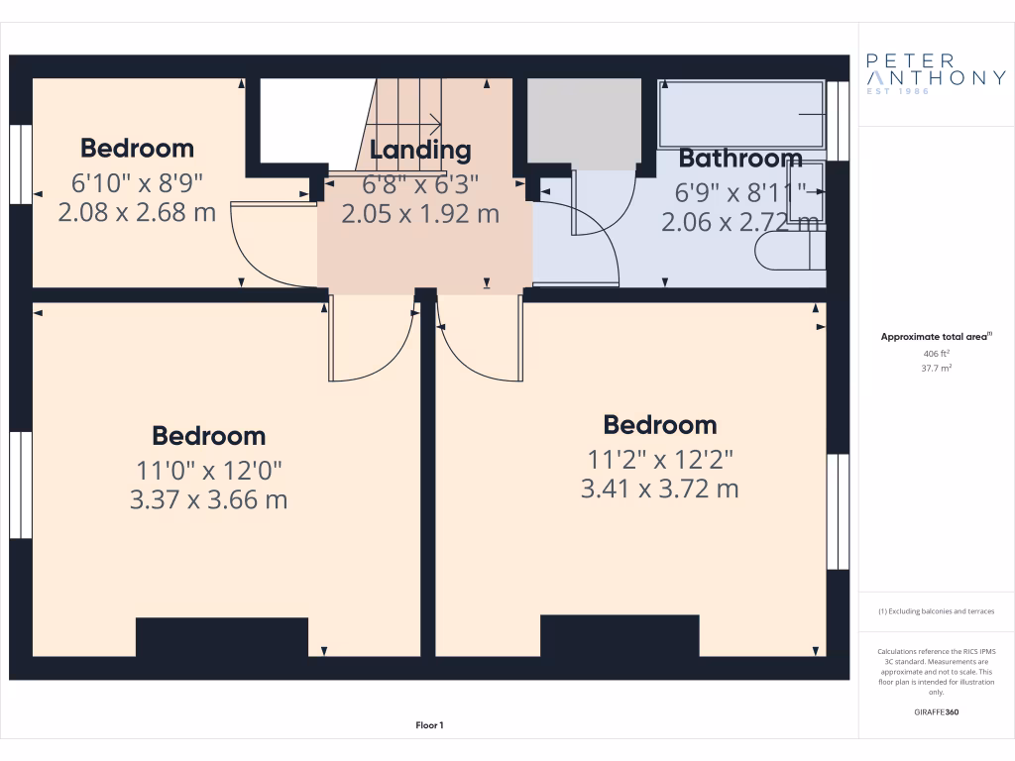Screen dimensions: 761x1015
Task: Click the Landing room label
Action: [x=420, y=151]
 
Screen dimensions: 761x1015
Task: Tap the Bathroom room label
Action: [x=740, y=159]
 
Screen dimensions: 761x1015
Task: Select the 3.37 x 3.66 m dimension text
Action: [x=208, y=499]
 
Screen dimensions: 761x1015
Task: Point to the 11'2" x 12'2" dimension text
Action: [x=659, y=458]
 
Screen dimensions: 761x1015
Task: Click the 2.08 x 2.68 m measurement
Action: [x=137, y=212]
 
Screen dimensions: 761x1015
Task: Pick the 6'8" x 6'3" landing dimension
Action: [x=420, y=183]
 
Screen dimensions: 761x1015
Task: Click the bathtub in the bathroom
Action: [x=740, y=115]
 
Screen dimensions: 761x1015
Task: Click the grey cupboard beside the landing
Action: [x=583, y=123]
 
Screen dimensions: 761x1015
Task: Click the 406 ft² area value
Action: [x=936, y=353]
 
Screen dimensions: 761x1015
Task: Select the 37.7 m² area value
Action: [x=936, y=368]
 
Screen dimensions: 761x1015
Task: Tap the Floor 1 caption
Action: [x=429, y=725]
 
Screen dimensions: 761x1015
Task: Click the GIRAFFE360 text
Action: [x=936, y=711]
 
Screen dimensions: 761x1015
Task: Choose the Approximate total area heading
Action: [x=935, y=337]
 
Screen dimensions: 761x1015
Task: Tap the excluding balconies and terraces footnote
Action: [x=936, y=611]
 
